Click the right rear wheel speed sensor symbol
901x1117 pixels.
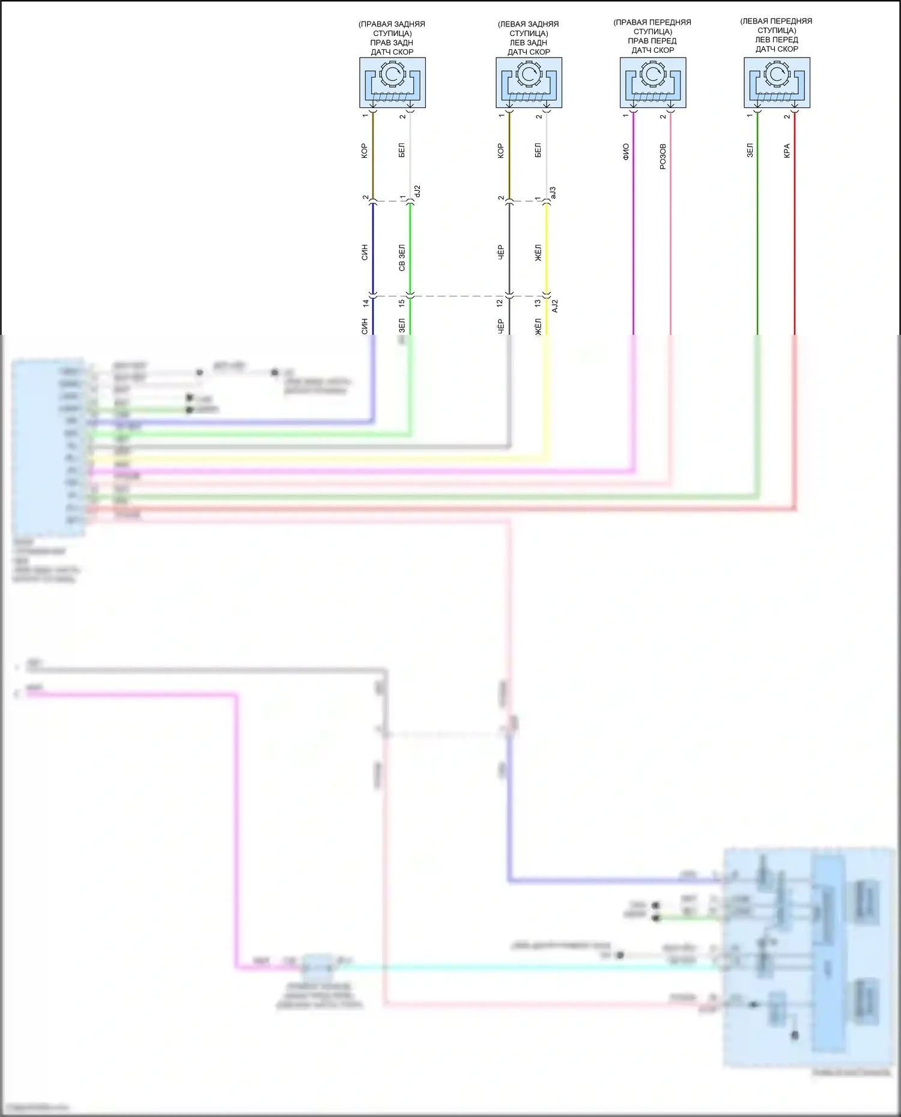tap(392, 82)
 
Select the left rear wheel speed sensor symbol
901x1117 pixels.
tap(529, 82)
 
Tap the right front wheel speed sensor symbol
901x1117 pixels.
tap(653, 82)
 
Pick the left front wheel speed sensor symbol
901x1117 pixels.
tap(777, 82)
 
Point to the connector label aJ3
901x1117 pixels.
tap(553, 193)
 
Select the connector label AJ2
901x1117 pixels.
tap(555, 306)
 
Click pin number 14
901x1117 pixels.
tap(365, 304)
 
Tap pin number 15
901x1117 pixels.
tap(402, 304)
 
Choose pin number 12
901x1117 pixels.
tap(500, 304)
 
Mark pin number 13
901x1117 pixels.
tap(538, 304)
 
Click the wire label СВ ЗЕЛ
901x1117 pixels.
tap(402, 257)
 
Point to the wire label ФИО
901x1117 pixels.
tap(626, 151)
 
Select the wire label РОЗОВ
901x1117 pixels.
tap(663, 156)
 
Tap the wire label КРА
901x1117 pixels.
tap(787, 151)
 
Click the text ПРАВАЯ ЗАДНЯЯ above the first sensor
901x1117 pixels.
tap(392, 24)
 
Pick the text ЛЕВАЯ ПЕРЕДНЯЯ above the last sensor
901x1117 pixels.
tap(776, 21)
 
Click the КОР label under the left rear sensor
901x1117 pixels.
tap(500, 151)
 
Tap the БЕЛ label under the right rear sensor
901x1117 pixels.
tap(402, 150)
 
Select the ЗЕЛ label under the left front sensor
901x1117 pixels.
tap(750, 150)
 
